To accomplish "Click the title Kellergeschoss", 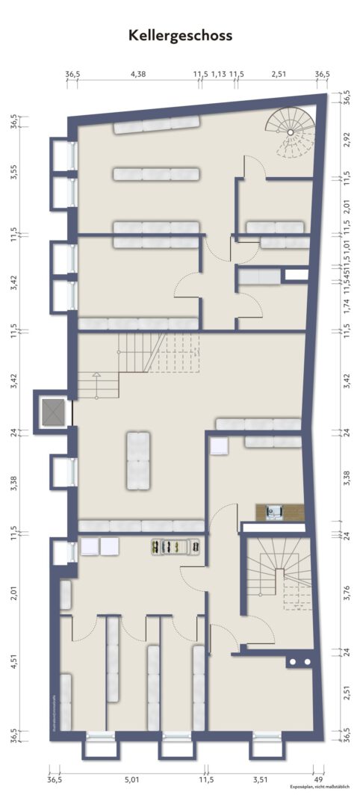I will tap(180, 35).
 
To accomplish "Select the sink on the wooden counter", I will tap(274, 512).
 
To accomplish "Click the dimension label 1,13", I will tap(219, 74).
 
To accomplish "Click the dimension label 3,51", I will tap(260, 780).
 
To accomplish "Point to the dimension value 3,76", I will tap(347, 590).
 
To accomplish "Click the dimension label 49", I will tap(318, 780).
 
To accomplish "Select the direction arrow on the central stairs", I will tap(95, 374).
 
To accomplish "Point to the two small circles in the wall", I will tap(299, 662).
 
